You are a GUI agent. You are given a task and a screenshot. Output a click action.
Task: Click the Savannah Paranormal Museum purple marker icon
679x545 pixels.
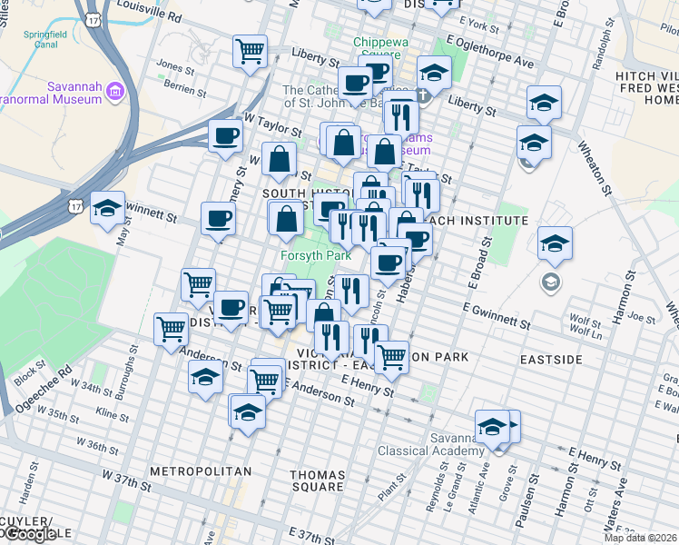pyautogui.click(x=115, y=91)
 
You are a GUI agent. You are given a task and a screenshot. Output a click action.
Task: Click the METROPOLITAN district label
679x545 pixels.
pyautogui.click(x=200, y=471)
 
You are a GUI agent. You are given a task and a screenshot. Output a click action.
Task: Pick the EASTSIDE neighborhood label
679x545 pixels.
pyautogui.click(x=551, y=360)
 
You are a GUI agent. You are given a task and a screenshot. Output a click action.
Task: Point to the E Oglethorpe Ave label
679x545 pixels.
pyautogui.click(x=490, y=53)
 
